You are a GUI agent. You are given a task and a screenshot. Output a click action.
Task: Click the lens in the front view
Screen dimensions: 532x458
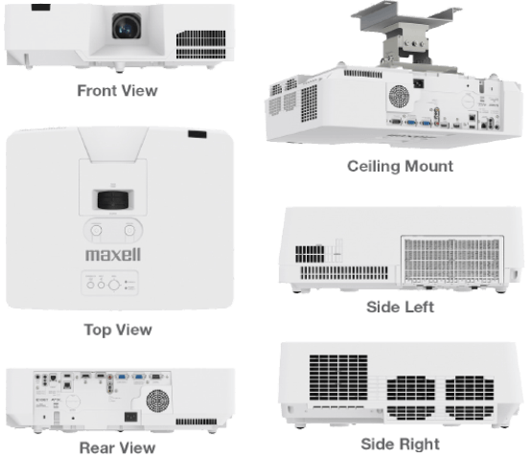127,26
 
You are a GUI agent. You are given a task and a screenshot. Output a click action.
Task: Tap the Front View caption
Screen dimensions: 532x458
117,91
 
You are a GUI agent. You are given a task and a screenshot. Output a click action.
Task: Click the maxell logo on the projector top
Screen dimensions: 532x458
113,255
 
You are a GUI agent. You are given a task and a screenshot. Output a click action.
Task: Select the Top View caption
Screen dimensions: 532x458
118,330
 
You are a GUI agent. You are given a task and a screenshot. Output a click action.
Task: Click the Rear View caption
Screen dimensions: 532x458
117,447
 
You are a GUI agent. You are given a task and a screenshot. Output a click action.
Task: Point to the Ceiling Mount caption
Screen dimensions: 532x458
401,166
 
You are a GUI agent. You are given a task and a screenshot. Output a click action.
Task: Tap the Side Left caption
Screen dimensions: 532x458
401,307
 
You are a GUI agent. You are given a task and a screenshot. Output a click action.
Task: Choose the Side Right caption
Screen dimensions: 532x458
401,444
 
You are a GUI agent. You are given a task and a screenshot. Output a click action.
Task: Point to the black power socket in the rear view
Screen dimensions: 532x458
131,416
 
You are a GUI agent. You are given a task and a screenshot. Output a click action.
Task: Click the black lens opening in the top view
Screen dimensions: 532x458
113,200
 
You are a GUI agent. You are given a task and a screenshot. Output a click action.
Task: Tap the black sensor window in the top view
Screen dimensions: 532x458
197,134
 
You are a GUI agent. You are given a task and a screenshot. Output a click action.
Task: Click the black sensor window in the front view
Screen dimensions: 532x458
40,7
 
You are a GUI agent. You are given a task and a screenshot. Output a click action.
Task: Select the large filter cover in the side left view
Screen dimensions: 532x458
452,260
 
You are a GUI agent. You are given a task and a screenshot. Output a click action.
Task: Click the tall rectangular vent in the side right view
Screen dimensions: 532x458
338,378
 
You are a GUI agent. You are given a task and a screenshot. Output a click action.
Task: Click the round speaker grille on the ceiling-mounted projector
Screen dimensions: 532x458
399,97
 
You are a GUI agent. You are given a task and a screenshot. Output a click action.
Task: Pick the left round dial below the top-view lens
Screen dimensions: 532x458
97,230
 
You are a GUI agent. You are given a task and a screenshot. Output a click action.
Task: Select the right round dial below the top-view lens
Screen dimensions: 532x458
129,230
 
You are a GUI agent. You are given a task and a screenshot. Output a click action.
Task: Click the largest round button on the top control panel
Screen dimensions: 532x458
114,285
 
